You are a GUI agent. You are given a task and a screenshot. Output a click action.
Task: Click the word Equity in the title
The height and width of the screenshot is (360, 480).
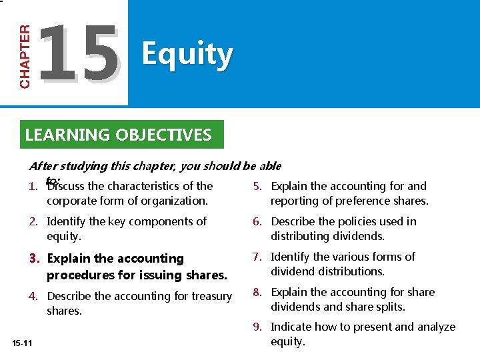(187, 54)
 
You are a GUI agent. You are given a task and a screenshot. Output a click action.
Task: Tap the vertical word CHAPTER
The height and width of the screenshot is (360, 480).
(25, 57)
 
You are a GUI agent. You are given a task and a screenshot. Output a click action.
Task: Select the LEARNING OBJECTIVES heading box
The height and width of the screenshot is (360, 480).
(118, 135)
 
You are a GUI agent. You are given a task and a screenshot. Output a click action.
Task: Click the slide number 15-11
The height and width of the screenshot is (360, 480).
(22, 343)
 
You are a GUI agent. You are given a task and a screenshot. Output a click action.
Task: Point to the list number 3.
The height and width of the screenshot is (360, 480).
(37, 259)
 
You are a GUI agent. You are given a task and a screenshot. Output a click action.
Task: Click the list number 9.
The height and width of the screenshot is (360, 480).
(257, 327)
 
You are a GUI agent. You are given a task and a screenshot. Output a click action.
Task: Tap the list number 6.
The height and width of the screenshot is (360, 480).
(257, 221)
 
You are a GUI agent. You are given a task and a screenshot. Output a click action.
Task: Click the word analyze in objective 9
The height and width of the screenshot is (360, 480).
(436, 327)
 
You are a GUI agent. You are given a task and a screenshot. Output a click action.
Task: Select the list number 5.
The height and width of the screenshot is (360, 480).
(257, 186)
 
